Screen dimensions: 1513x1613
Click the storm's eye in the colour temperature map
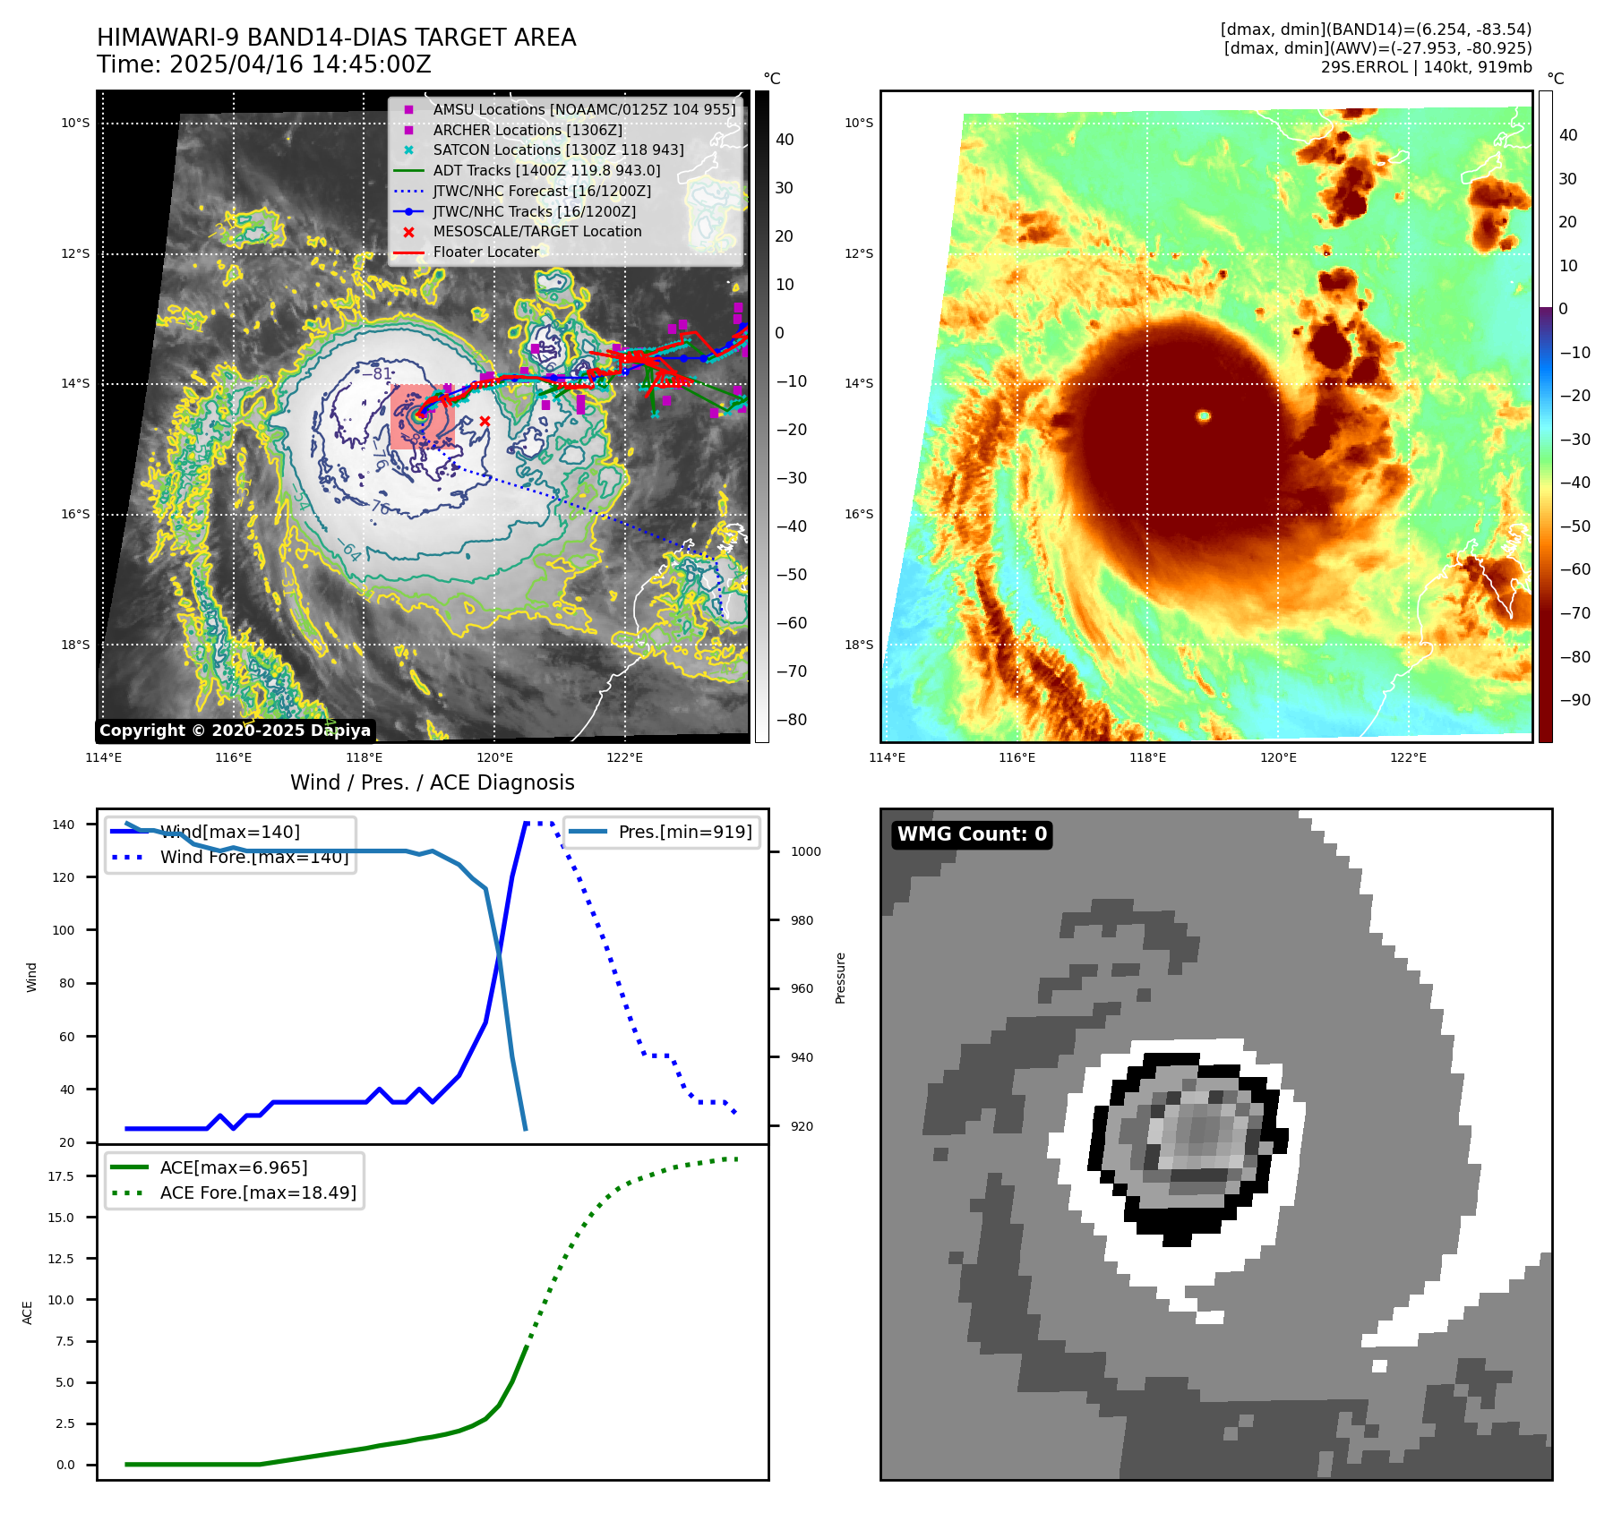pos(1204,415)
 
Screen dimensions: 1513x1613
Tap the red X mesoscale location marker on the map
pos(485,421)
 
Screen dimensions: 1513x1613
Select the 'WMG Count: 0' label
pos(972,834)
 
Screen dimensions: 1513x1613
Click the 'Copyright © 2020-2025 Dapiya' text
pos(235,731)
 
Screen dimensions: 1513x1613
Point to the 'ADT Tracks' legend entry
pos(546,170)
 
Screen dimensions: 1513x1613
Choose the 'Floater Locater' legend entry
pos(485,252)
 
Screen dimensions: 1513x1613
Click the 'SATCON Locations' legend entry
pos(558,150)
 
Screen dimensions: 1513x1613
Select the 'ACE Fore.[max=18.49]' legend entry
pos(258,1192)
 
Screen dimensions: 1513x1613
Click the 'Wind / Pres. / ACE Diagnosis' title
pos(433,782)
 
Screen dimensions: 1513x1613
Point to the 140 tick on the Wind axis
pos(64,825)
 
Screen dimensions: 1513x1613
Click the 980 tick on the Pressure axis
pos(802,920)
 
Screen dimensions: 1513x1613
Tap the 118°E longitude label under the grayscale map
pos(365,757)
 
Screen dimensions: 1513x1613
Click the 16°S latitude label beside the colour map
pos(859,514)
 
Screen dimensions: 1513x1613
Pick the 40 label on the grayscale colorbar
pos(785,140)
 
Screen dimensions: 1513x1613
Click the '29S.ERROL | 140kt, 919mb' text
pos(1426,67)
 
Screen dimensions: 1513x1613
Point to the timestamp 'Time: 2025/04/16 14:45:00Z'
pos(264,64)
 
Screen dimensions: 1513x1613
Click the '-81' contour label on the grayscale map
pos(382,373)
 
